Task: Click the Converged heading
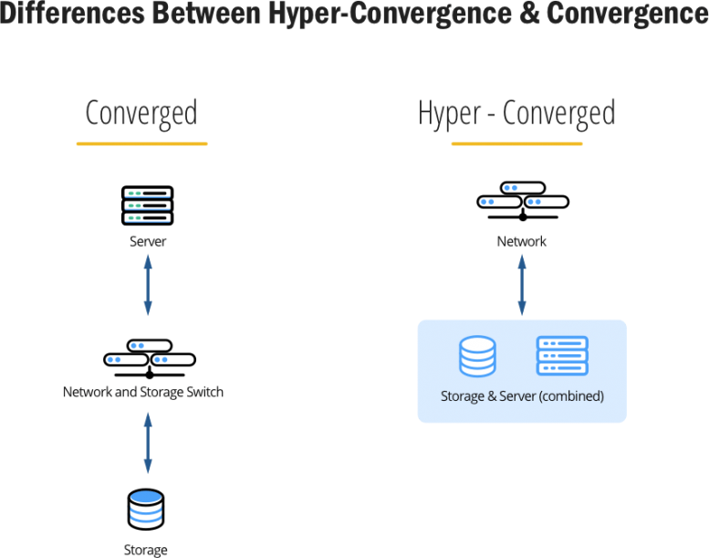(141, 113)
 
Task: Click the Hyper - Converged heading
(516, 113)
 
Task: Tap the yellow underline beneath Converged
(141, 143)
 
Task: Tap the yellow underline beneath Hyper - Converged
(516, 143)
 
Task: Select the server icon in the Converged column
(147, 206)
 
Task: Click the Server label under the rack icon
(147, 242)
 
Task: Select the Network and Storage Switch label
(143, 393)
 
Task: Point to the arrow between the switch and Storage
(147, 443)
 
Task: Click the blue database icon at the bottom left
(146, 509)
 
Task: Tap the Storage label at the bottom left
(146, 550)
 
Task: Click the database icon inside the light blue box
(477, 356)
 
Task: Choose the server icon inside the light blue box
(562, 356)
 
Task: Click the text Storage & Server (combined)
(522, 397)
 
